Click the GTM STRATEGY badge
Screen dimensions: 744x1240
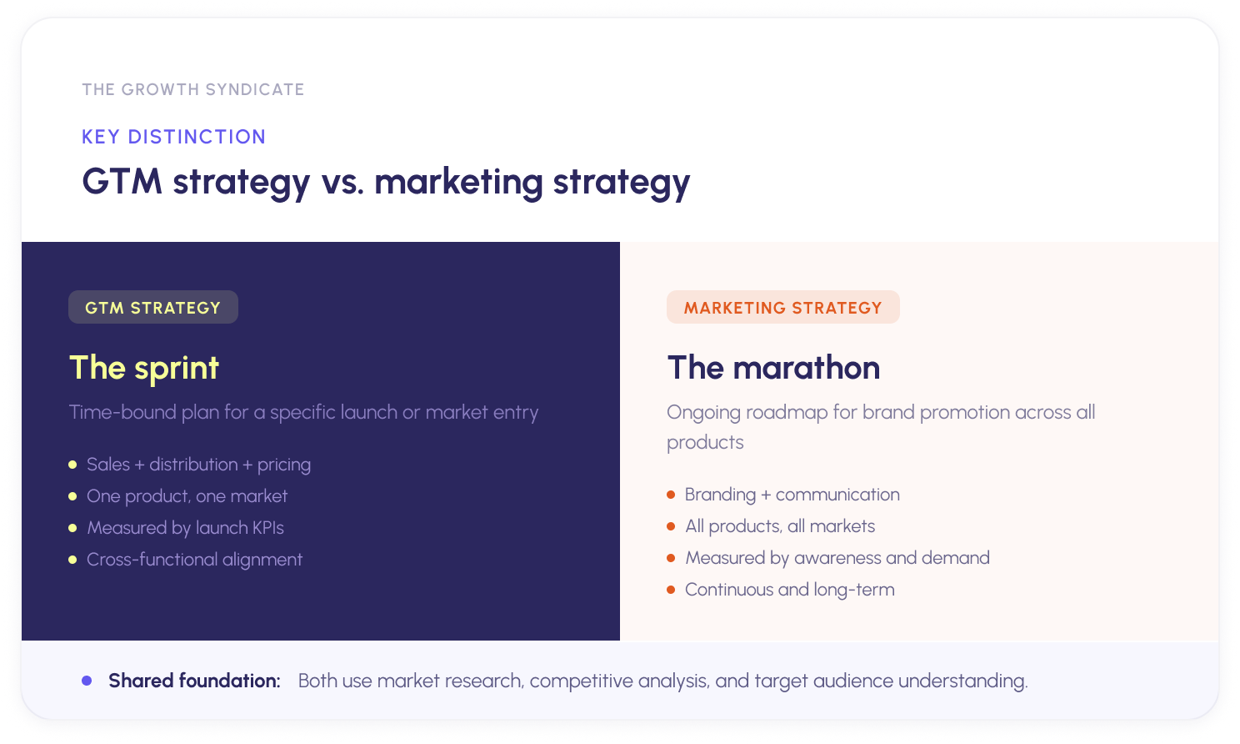tap(153, 307)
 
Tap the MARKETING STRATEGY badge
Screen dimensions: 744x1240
tap(782, 307)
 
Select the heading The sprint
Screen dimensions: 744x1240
tap(144, 368)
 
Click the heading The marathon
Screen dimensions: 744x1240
tap(773, 368)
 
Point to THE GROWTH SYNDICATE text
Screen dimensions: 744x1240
tap(193, 89)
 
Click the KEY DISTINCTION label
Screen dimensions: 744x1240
tap(173, 137)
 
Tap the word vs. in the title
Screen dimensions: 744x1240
tap(342, 182)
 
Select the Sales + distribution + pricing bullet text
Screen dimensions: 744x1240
tap(198, 465)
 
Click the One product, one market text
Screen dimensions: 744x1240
tap(187, 496)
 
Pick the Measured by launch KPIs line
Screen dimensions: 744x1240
tap(185, 528)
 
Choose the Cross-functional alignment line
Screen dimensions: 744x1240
tap(194, 560)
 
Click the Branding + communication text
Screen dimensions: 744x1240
tap(792, 495)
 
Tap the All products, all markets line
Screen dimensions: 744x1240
tap(780, 526)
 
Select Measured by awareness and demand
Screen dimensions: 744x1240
tap(837, 558)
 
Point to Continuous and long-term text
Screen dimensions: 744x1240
tap(789, 590)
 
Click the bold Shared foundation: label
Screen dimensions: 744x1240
tap(194, 681)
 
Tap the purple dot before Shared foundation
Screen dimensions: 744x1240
tap(87, 681)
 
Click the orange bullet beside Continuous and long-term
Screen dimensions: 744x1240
tap(671, 590)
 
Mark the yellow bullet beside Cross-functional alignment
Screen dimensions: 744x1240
tap(72, 560)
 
